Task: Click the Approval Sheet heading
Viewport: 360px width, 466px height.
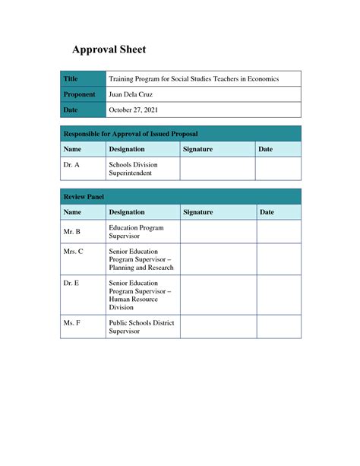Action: click(109, 50)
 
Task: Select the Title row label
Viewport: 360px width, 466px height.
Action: click(71, 79)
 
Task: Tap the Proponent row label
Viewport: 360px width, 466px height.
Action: click(79, 94)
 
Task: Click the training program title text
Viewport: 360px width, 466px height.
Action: click(194, 79)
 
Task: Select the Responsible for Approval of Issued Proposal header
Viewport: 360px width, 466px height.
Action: click(120, 134)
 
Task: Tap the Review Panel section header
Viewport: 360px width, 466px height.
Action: click(84, 197)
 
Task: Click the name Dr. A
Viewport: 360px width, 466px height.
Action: click(71, 164)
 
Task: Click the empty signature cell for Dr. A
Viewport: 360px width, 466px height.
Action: click(216, 168)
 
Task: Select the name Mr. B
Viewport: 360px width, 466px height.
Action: click(72, 230)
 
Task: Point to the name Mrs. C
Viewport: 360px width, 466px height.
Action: click(74, 251)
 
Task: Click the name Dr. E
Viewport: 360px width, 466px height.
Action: click(71, 282)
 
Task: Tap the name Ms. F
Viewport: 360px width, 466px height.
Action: click(72, 323)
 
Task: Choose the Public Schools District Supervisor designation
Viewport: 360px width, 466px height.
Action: click(141, 327)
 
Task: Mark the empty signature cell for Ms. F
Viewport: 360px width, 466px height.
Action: click(217, 327)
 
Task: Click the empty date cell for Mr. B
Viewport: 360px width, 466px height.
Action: click(278, 231)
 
